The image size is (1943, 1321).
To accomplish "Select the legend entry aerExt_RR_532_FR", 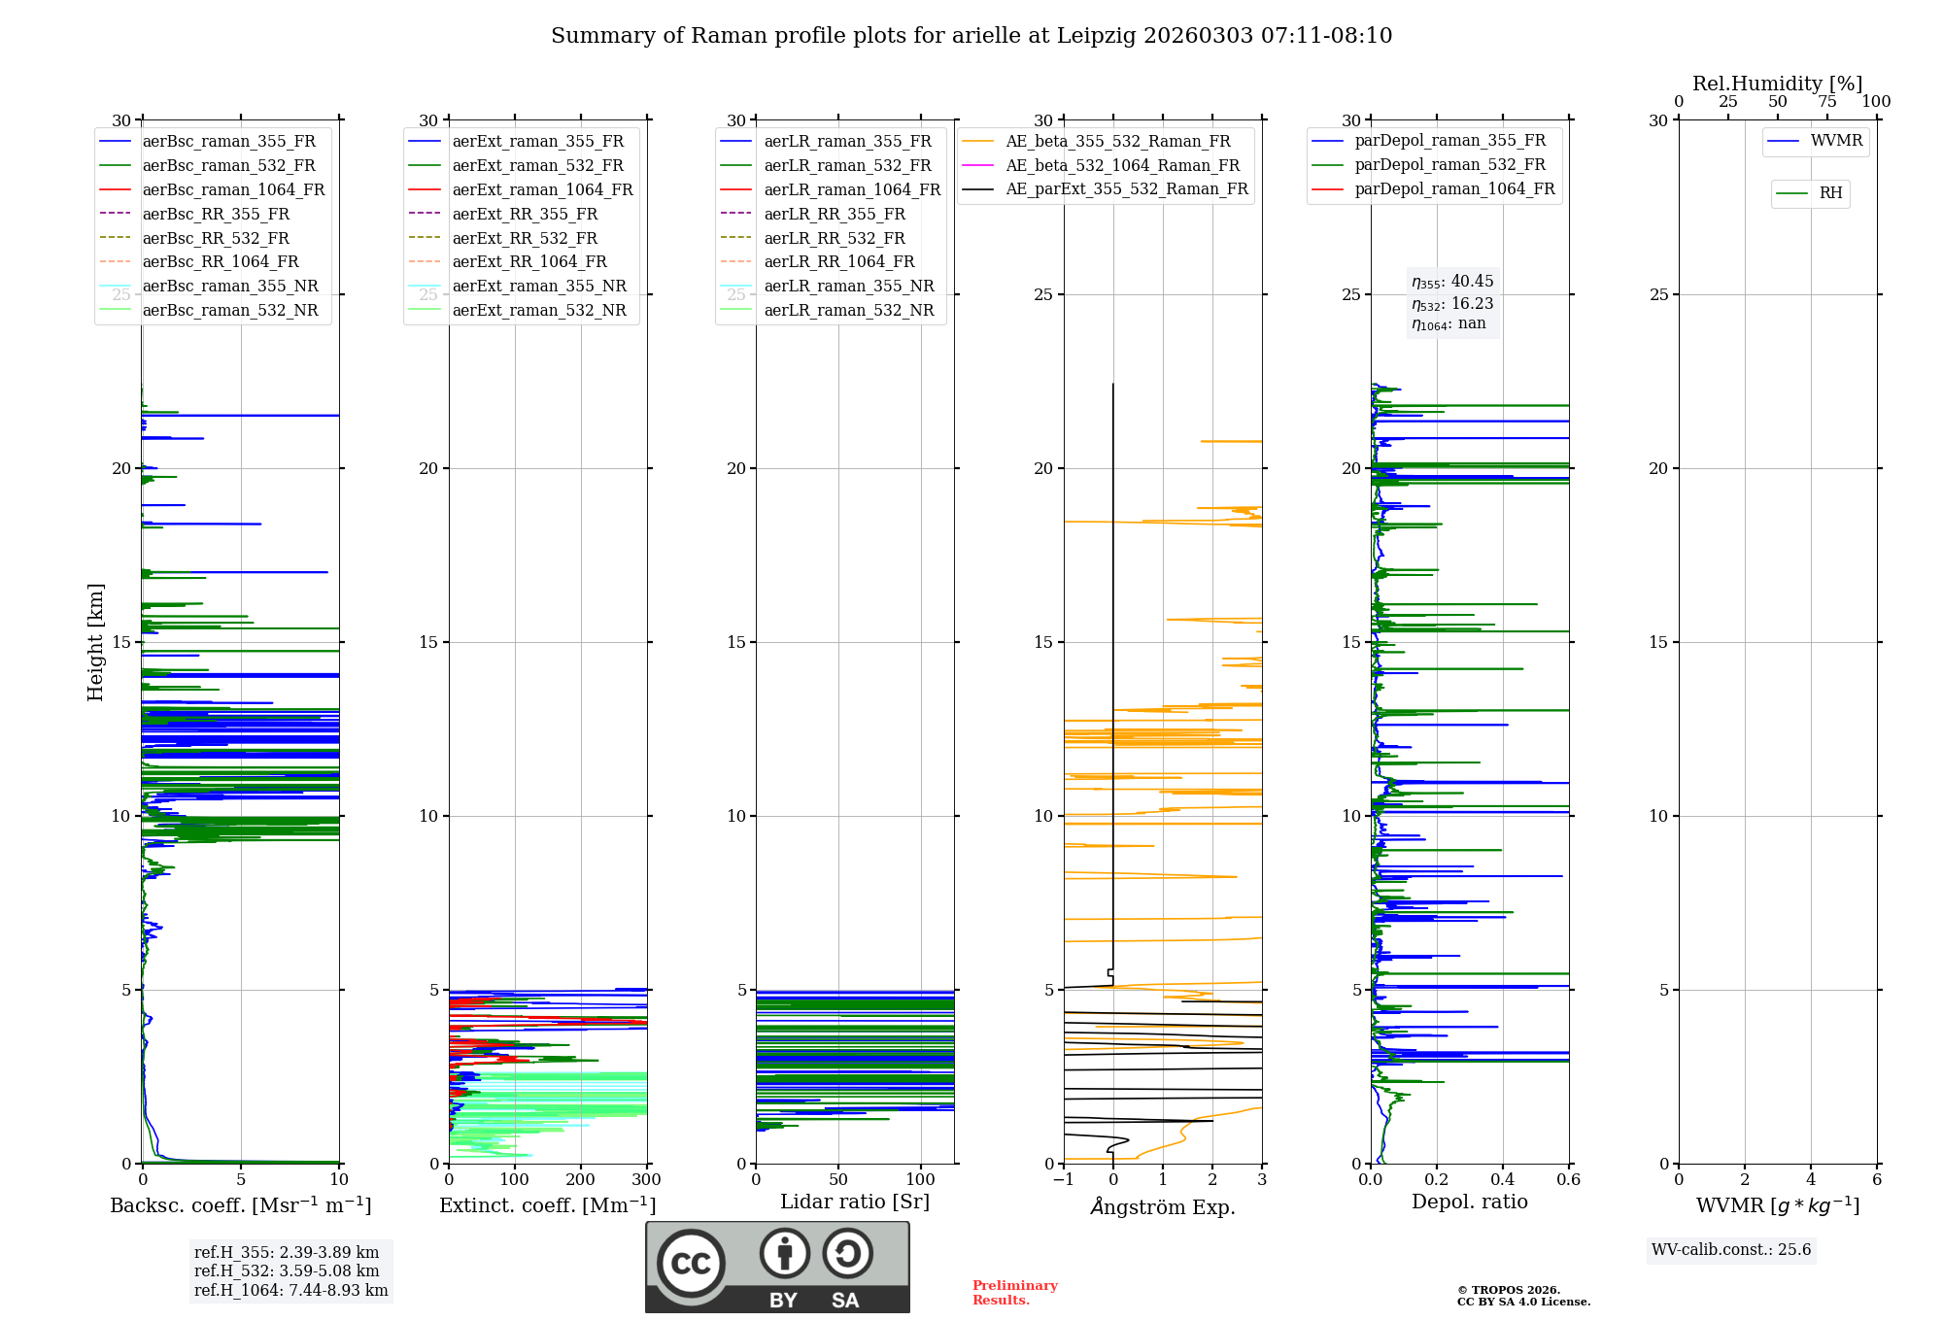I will pos(525,238).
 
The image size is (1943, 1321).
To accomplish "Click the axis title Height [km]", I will pos(95,642).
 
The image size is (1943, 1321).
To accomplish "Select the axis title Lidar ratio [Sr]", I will pos(855,1202).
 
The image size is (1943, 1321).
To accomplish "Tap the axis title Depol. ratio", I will pos(1469,1202).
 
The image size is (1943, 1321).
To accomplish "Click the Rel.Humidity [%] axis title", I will pos(1777,84).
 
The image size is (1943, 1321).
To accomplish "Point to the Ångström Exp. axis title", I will pos(1162,1206).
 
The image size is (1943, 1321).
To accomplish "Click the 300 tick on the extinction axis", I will pos(646,1180).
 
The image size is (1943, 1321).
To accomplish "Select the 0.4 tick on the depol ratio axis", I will pos(1503,1180).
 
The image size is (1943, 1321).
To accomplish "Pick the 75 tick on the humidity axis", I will pos(1826,102).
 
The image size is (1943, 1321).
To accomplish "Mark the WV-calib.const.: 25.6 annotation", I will pos(1731,1250).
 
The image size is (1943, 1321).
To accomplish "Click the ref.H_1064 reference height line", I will pos(290,1291).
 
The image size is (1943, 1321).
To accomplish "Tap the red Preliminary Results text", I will pos(1014,1293).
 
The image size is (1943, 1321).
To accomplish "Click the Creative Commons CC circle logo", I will pos(691,1264).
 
